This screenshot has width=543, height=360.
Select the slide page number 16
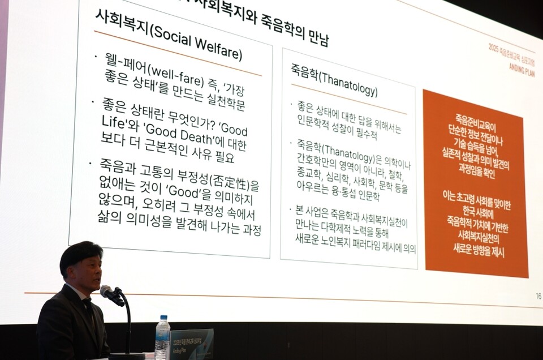coord(538,295)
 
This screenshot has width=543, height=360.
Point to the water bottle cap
coord(163,318)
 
